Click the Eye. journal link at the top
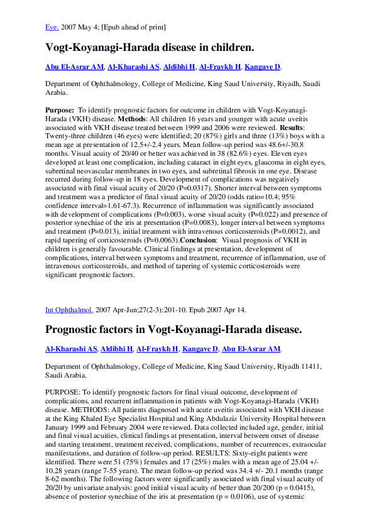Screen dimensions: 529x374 coord(52,27)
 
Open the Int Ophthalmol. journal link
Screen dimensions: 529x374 coord(69,310)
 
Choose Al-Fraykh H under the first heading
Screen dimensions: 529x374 coord(220,67)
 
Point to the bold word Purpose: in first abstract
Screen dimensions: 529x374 coord(60,109)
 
